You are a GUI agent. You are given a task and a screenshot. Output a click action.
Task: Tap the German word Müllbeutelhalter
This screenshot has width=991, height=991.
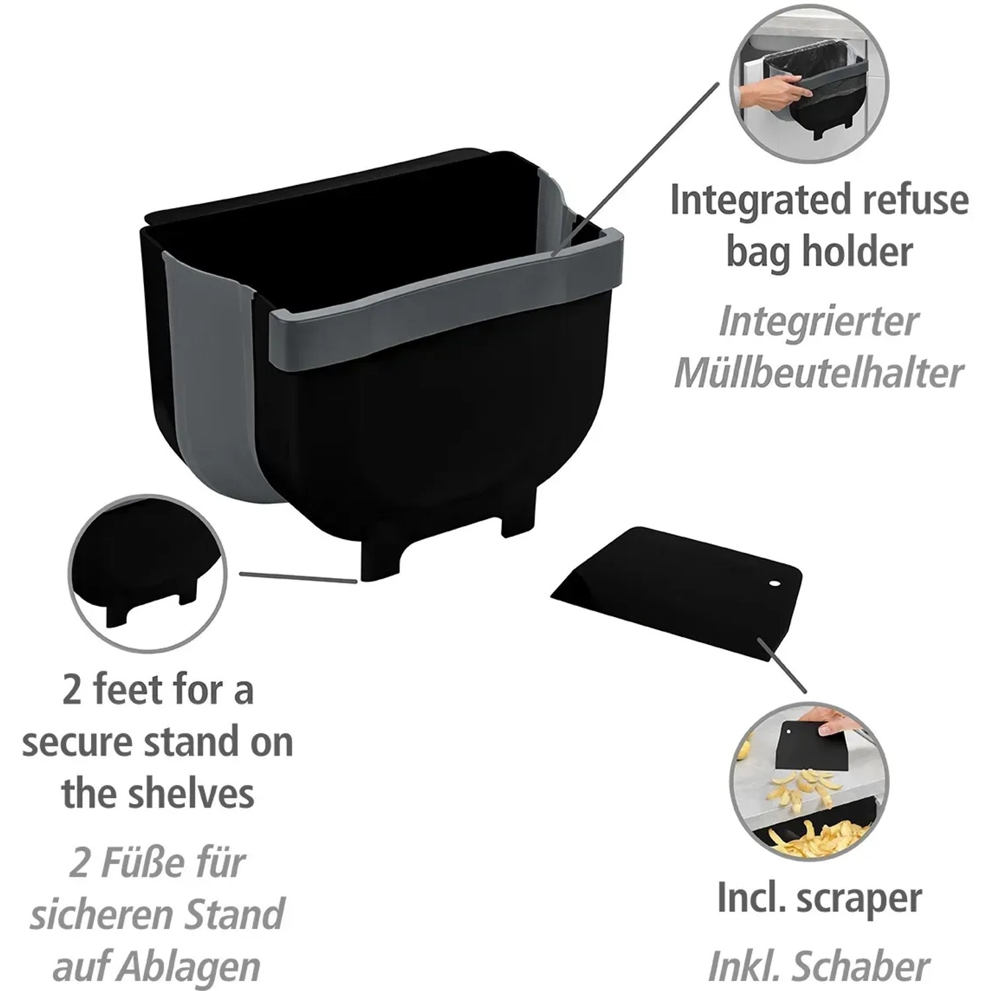[x=819, y=374]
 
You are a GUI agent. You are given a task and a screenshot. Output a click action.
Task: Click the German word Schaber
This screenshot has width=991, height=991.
[x=862, y=967]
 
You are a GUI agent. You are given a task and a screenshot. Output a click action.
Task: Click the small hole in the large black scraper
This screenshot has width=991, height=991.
[x=774, y=584]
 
